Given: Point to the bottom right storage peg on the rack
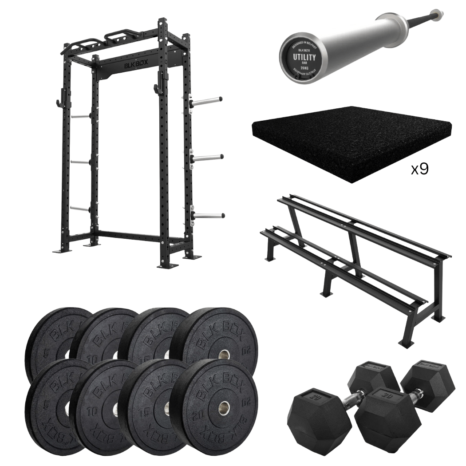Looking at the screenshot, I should click(209, 216).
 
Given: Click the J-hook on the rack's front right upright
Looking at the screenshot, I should click(158, 90).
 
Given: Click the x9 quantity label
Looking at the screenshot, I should click(419, 169).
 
